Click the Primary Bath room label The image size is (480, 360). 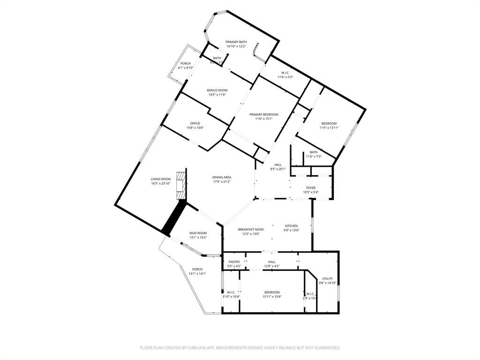[x=236, y=42]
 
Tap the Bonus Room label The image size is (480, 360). [x=217, y=90]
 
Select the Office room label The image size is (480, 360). [x=195, y=123]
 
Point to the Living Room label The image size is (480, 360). [x=160, y=179]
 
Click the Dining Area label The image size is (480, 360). [x=222, y=177]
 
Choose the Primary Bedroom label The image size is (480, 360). [x=263, y=114]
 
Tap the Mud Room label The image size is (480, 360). [x=198, y=233]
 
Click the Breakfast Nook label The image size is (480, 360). [x=251, y=229]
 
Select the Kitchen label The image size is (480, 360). [x=292, y=226]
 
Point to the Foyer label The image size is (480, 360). [x=311, y=188]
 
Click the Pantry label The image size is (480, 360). [x=234, y=262]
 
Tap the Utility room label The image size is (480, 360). [x=328, y=278]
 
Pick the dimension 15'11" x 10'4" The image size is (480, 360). [x=272, y=296]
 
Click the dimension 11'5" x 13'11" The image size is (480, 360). [x=329, y=127]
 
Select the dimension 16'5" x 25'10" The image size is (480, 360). [x=160, y=183]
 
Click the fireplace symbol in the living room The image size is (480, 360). [x=181, y=186]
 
